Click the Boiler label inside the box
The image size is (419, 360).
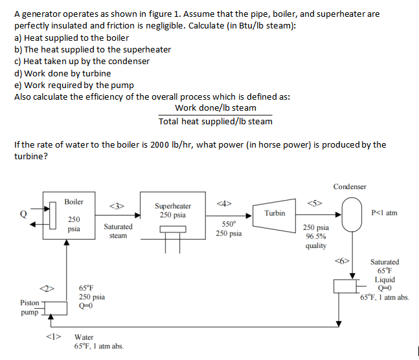pyautogui.click(x=74, y=202)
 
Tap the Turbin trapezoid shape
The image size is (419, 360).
pyautogui.click(x=274, y=213)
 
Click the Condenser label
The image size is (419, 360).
pyautogui.click(x=350, y=186)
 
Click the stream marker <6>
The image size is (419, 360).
pyautogui.click(x=342, y=262)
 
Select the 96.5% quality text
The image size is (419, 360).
pyautogui.click(x=315, y=241)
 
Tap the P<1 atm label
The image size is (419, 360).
pyautogui.click(x=385, y=212)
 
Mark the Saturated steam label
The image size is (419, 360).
pyautogui.click(x=118, y=231)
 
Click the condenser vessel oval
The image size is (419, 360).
pyautogui.click(x=354, y=213)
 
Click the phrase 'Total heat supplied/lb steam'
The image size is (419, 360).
pyautogui.click(x=216, y=121)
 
